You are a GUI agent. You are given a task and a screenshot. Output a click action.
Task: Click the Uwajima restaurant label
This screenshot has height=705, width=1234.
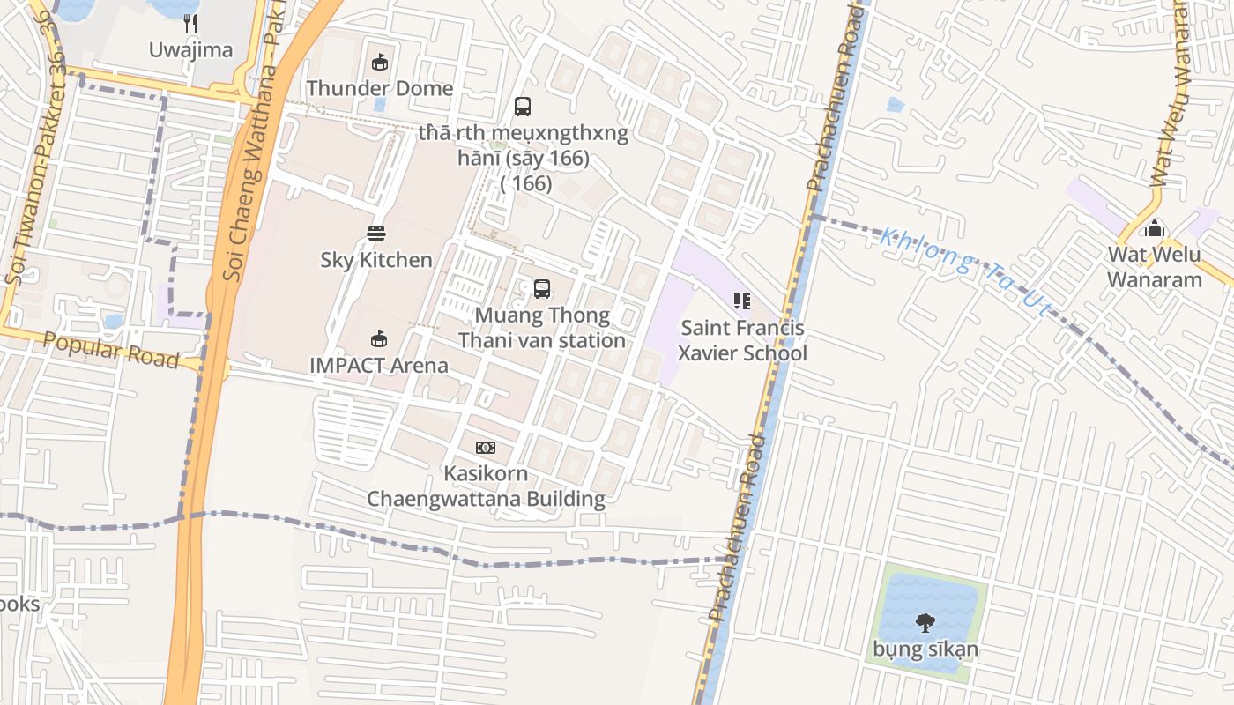tap(190, 49)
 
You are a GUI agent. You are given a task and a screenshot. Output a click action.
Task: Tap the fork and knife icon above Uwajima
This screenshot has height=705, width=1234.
tap(190, 22)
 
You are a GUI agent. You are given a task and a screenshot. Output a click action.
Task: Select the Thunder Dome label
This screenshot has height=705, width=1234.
tap(380, 88)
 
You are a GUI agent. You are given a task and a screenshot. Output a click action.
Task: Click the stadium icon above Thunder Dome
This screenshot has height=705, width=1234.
tap(380, 62)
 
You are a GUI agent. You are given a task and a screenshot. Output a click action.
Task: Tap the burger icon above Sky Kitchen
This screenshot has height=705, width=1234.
tap(376, 234)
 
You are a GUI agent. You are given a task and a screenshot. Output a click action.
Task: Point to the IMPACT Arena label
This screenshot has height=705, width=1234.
tap(379, 365)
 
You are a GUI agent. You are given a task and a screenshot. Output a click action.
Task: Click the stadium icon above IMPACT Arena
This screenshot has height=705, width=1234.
tap(379, 338)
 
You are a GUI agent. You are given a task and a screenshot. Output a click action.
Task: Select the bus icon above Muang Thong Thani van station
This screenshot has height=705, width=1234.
tap(542, 289)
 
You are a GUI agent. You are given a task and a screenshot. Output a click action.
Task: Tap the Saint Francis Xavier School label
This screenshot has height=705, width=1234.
tap(742, 341)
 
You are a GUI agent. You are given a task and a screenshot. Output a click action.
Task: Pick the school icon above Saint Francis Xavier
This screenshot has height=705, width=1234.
tap(742, 302)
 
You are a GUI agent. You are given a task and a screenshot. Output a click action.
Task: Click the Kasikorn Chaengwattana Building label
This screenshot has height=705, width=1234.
tap(486, 486)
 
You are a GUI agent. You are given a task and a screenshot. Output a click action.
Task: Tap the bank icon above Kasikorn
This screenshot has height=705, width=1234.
tap(486, 448)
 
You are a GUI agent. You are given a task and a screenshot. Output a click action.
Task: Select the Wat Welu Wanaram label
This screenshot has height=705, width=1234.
tap(1154, 268)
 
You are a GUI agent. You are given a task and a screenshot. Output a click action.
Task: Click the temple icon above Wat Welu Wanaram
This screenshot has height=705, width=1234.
tap(1154, 230)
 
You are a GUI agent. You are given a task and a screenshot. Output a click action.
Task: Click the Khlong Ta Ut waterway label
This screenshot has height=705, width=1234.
tap(966, 271)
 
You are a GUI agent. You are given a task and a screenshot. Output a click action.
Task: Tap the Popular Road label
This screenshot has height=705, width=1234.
tap(111, 351)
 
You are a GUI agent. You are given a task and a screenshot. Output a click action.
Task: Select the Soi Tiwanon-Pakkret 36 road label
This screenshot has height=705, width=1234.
tap(34, 167)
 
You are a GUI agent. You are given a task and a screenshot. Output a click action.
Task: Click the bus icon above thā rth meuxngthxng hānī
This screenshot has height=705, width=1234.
tap(523, 107)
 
